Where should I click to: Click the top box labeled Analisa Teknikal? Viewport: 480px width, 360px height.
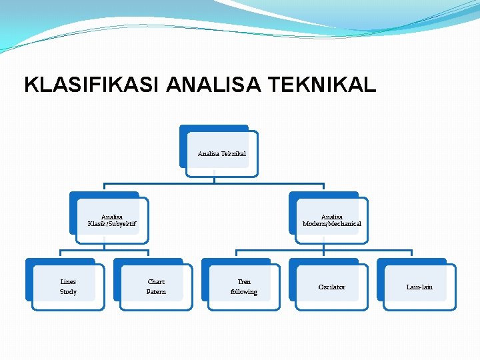221,153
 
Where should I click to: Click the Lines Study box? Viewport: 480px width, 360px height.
68,287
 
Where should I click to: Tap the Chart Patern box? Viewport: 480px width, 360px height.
156,287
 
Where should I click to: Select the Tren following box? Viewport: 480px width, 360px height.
244,287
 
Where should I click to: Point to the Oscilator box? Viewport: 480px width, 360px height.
331,287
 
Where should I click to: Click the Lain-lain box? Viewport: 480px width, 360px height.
419,287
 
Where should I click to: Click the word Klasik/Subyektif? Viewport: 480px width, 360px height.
111,224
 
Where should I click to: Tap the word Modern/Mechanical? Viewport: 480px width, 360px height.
331,224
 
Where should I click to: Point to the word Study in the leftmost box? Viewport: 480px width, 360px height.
68,292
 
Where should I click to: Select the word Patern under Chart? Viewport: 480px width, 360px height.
156,292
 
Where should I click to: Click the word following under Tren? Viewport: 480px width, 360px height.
244,292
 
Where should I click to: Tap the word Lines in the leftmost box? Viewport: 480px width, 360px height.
68,281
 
